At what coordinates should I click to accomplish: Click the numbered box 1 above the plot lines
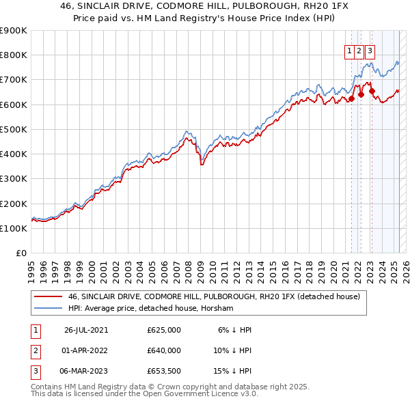(x=349, y=50)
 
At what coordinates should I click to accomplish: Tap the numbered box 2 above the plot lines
(x=359, y=50)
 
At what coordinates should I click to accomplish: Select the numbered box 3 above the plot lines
(x=370, y=50)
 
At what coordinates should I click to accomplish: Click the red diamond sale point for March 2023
(x=372, y=91)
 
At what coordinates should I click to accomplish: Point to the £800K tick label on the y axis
(x=14, y=55)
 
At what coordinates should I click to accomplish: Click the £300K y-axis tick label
(x=14, y=179)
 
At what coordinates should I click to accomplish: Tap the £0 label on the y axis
(x=20, y=253)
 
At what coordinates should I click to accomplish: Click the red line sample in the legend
(x=49, y=296)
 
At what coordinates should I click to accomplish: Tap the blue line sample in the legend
(x=49, y=309)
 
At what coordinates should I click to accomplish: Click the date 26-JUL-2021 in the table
(x=86, y=330)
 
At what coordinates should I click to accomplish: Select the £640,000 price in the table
(x=164, y=350)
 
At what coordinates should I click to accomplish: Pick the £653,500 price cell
(x=164, y=371)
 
